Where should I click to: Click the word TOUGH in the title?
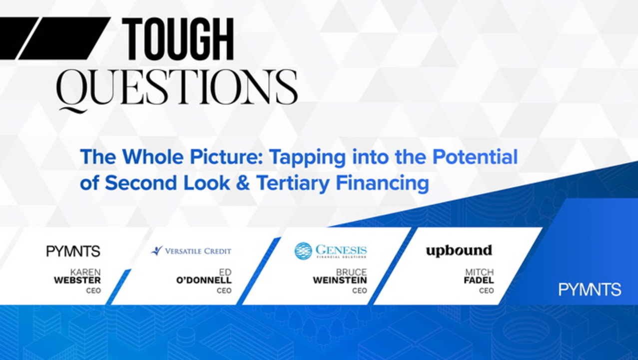(x=178, y=39)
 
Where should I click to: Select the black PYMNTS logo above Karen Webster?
(x=73, y=251)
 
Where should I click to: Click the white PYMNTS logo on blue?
(x=590, y=289)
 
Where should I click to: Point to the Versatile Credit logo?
(x=191, y=251)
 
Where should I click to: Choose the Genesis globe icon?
(x=303, y=251)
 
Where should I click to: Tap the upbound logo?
(x=459, y=251)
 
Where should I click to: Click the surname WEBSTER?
(x=77, y=280)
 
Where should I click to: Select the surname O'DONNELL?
(x=204, y=280)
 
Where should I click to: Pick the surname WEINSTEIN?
(x=340, y=280)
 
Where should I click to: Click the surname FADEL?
(x=479, y=280)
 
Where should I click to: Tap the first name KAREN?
(x=85, y=272)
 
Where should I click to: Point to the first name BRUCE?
(x=351, y=272)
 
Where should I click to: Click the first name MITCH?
(x=480, y=272)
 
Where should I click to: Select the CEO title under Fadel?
(x=487, y=290)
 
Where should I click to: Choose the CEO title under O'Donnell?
(x=224, y=290)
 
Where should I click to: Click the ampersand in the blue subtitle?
(x=243, y=182)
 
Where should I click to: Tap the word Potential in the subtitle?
(x=475, y=156)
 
